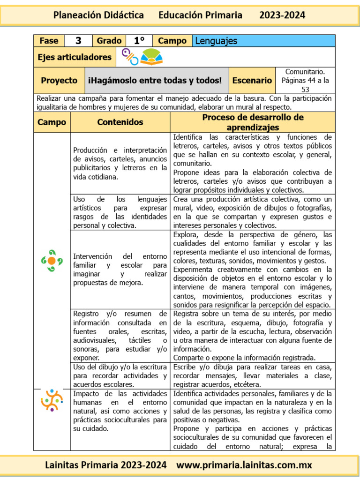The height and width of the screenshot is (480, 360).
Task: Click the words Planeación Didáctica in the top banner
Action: coord(98,15)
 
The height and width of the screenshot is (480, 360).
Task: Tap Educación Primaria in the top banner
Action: coord(200,15)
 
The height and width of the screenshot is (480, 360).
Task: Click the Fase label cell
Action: coord(49,41)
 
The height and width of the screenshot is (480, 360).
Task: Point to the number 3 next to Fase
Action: coord(78,41)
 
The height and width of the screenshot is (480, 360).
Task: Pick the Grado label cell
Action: coord(109,41)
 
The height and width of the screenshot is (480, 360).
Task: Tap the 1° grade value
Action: coord(139,41)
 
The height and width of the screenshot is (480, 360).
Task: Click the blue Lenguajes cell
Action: coord(264,41)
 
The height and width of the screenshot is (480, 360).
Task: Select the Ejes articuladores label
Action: coord(75,57)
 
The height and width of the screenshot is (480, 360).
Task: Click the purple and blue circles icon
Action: coord(130,57)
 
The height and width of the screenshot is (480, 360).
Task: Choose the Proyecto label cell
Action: coord(59,81)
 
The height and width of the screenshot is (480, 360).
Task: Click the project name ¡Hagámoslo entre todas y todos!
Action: coord(155,81)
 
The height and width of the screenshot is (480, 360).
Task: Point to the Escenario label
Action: coord(252,81)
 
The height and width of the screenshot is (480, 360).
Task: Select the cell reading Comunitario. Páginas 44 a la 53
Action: coord(305,80)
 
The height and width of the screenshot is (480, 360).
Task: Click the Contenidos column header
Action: coord(120,122)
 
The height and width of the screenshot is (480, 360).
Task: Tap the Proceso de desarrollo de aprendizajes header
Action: coord(253,122)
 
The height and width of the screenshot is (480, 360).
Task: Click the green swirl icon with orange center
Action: coord(52,261)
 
